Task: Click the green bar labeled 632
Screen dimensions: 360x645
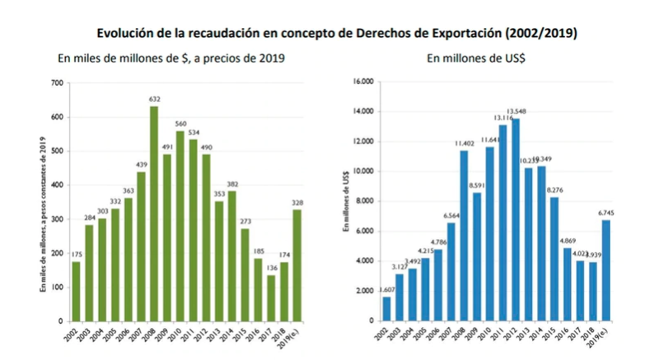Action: [153, 213]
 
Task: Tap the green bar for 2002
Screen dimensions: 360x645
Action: [75, 291]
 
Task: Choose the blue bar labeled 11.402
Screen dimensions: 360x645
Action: [464, 236]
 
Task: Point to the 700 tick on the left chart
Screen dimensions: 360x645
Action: [56, 83]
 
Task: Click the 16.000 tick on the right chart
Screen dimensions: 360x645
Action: [363, 82]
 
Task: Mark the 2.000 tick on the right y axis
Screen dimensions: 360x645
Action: [366, 291]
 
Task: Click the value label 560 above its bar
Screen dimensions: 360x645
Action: [180, 124]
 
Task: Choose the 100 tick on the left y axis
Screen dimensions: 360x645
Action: [56, 287]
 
